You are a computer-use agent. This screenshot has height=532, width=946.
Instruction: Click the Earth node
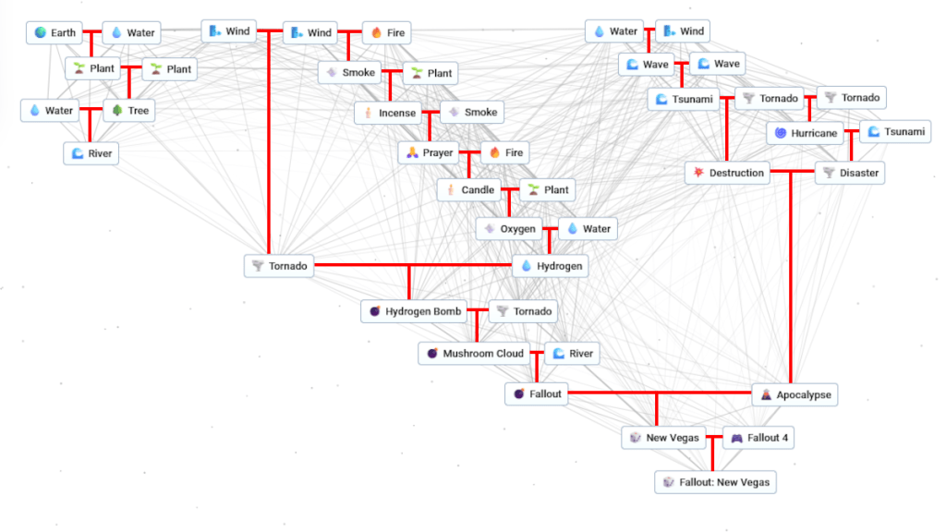coord(55,33)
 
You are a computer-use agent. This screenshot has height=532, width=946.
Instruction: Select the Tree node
coord(128,111)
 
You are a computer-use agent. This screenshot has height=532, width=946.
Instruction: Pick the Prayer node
coord(429,152)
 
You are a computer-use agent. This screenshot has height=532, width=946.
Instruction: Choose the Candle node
coord(469,190)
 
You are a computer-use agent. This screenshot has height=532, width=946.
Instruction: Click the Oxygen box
coord(509,229)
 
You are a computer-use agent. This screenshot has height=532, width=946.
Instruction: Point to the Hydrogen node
coord(551,266)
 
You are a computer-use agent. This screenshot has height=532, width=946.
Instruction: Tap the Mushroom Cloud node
coord(474,354)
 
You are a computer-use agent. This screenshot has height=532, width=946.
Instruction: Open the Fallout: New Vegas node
coord(714,482)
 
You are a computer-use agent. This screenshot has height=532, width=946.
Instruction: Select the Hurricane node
coord(806,133)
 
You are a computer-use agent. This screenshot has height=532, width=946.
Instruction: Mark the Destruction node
coord(727,173)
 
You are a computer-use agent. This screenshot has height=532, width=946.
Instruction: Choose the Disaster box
coord(850,173)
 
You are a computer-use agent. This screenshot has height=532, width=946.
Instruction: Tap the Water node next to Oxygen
coord(588,229)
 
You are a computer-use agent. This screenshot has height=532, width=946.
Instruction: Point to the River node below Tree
coord(91,153)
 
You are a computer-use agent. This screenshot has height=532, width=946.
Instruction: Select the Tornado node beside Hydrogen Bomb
coord(523,312)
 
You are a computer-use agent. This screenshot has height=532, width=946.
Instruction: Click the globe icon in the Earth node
coord(41,33)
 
